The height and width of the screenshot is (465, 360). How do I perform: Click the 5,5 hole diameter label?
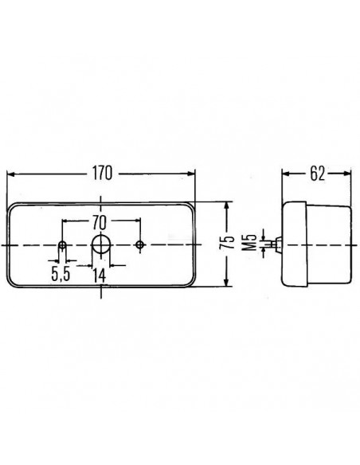tap(61, 275)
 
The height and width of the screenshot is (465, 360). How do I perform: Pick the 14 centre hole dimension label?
tap(100, 275)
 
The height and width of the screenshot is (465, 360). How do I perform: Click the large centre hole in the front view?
tap(101, 244)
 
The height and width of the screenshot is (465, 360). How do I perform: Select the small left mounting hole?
tap(62, 244)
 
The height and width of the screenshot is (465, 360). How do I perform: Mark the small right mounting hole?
tap(140, 244)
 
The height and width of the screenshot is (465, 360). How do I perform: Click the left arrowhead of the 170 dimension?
tap(10, 173)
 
